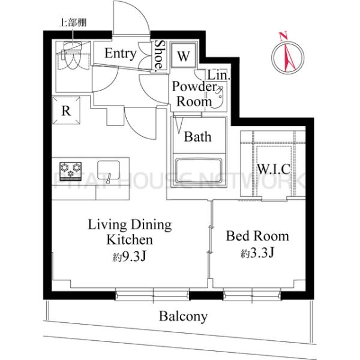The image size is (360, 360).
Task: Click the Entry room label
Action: [120, 53]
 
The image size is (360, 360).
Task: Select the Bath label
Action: [197, 137]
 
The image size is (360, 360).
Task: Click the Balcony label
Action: [183, 316]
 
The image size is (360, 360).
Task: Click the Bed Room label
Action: [257, 236]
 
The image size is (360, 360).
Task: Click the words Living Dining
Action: [130, 225]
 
